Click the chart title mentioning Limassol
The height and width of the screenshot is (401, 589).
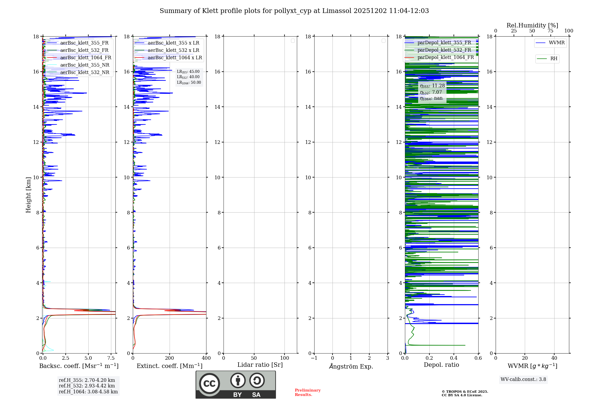coord(294,11)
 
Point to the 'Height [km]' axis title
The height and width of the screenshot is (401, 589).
coord(28,195)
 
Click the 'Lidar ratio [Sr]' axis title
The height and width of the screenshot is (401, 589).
coord(260,365)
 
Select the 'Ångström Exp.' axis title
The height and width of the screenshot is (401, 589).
coord(351,367)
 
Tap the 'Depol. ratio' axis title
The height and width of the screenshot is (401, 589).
coord(441,365)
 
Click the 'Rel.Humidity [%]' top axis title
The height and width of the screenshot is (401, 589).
coord(532,25)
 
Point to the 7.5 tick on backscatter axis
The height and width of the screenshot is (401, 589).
coord(111,358)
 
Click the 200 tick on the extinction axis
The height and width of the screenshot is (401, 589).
coord(170,358)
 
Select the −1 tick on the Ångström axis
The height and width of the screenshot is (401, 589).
coord(314,358)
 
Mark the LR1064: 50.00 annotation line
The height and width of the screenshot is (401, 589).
coord(189,83)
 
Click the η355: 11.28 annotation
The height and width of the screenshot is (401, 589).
coord(432,86)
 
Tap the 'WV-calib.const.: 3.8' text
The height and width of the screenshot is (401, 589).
coord(523,379)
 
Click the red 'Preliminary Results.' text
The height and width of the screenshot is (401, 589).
coord(307,392)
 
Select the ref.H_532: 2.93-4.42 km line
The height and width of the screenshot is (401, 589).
coord(87,386)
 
